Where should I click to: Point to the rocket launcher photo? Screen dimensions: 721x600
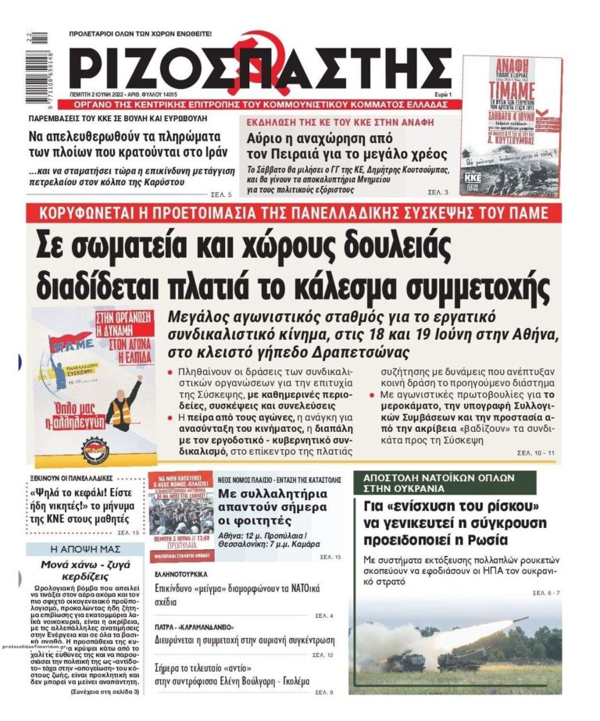tap(455, 645)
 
